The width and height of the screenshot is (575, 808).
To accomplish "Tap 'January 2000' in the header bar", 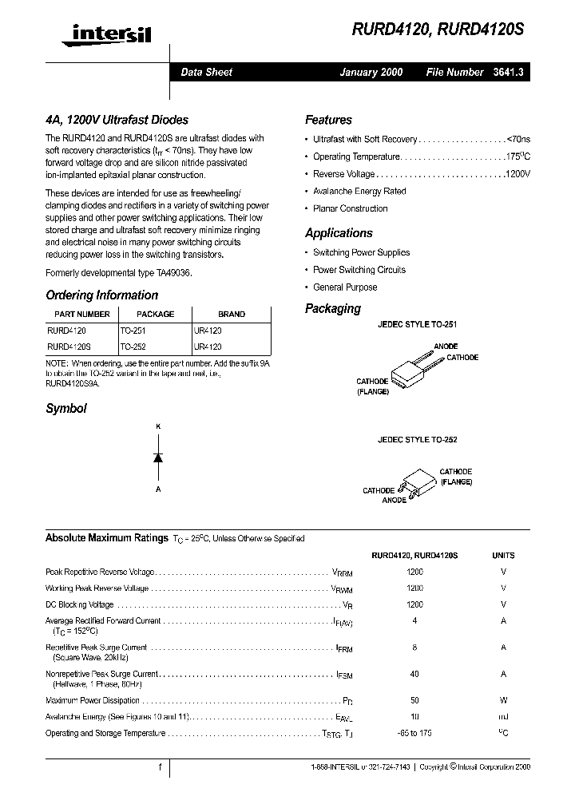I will click(x=371, y=72).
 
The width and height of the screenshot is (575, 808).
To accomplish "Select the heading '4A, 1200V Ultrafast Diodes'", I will click(x=117, y=120).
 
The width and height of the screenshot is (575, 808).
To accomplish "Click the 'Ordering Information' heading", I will click(x=101, y=295).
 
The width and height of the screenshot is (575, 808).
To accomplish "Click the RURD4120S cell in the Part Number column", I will click(x=69, y=347).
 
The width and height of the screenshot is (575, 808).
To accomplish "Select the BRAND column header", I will click(x=232, y=314).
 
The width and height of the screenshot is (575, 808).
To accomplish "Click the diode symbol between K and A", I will click(x=158, y=457).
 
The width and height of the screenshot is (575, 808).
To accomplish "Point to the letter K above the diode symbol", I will click(x=158, y=427).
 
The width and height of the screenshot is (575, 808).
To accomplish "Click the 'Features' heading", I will click(x=328, y=120).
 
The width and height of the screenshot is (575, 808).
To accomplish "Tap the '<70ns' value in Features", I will click(x=518, y=139).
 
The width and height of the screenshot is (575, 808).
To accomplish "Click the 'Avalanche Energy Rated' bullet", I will click(x=359, y=192).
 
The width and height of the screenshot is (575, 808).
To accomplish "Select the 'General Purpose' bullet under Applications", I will click(x=345, y=287).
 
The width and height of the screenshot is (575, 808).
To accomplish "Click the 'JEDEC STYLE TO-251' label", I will click(x=417, y=326).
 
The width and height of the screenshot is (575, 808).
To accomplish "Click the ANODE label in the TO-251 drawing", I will click(x=446, y=347).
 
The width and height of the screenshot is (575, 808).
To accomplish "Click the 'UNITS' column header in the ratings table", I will click(x=503, y=555).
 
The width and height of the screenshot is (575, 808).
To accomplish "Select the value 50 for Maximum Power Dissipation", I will click(x=414, y=700).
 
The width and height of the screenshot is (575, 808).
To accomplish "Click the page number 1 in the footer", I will click(x=160, y=767).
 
